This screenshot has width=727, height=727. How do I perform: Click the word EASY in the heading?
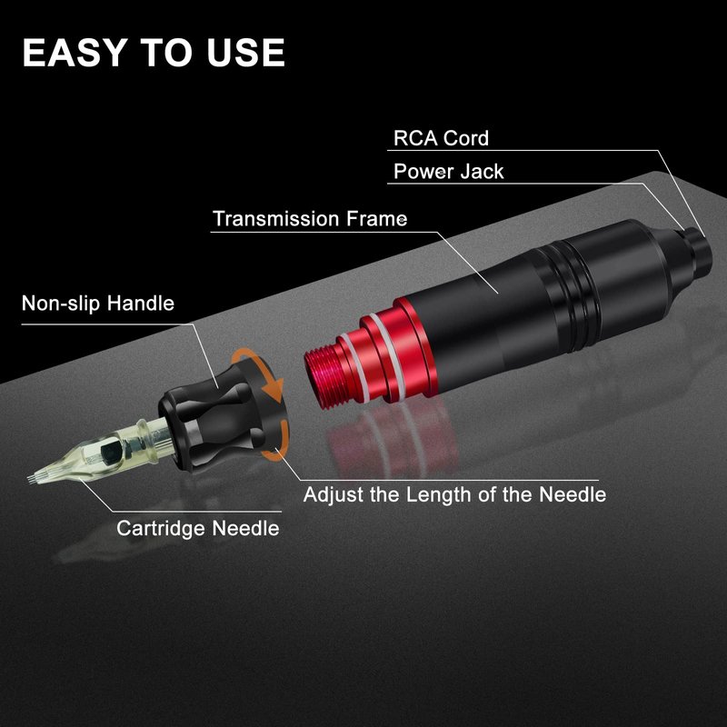(x=75, y=53)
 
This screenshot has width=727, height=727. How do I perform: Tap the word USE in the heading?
(x=245, y=53)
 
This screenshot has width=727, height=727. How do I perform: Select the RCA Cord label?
(x=441, y=138)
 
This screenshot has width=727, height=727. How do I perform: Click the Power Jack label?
(x=448, y=171)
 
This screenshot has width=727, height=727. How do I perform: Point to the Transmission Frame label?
(x=310, y=218)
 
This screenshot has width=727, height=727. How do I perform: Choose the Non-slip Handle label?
(x=98, y=304)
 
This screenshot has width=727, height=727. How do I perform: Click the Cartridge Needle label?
(x=198, y=528)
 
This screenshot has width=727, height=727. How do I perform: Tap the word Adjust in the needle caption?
(x=334, y=494)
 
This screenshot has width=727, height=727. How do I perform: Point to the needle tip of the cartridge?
(x=30, y=479)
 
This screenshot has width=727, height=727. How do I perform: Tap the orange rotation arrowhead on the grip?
(x=274, y=391)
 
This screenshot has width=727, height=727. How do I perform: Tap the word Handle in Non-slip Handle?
(x=141, y=304)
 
